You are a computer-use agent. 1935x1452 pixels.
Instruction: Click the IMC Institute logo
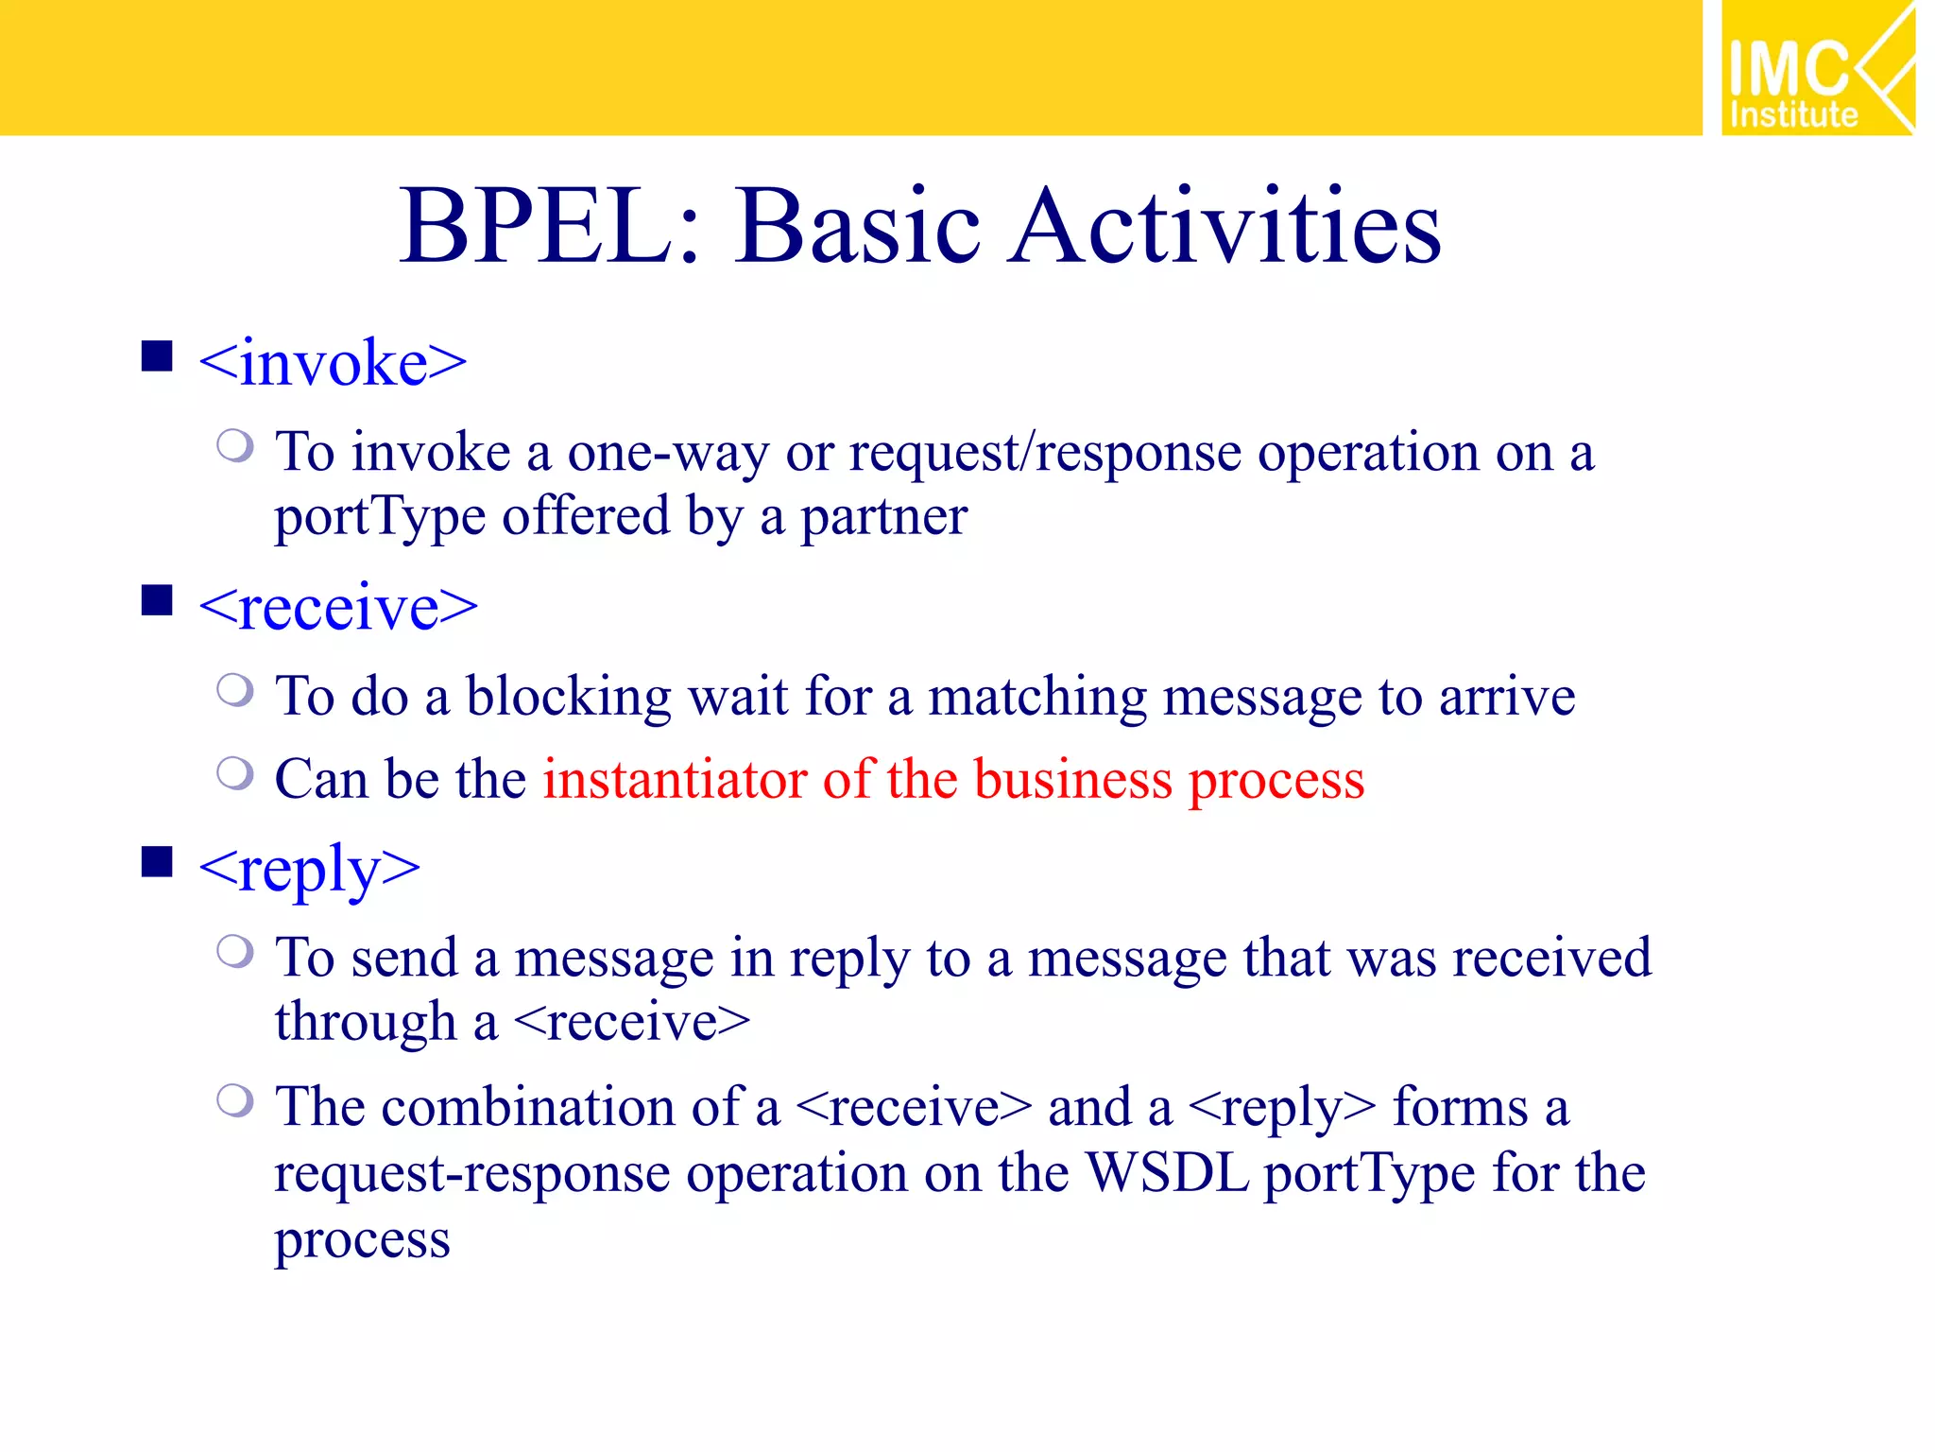(x=1816, y=68)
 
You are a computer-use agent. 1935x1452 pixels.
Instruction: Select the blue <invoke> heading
(x=333, y=363)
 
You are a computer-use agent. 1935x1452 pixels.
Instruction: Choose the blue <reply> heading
(x=309, y=870)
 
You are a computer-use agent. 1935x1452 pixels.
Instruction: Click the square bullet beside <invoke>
(x=157, y=357)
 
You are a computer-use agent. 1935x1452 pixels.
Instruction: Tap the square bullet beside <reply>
(x=157, y=862)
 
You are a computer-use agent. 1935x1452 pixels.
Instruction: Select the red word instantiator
(x=675, y=780)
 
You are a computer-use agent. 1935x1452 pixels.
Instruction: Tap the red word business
(x=1072, y=780)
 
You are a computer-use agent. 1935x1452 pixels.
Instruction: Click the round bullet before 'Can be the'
(x=234, y=773)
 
